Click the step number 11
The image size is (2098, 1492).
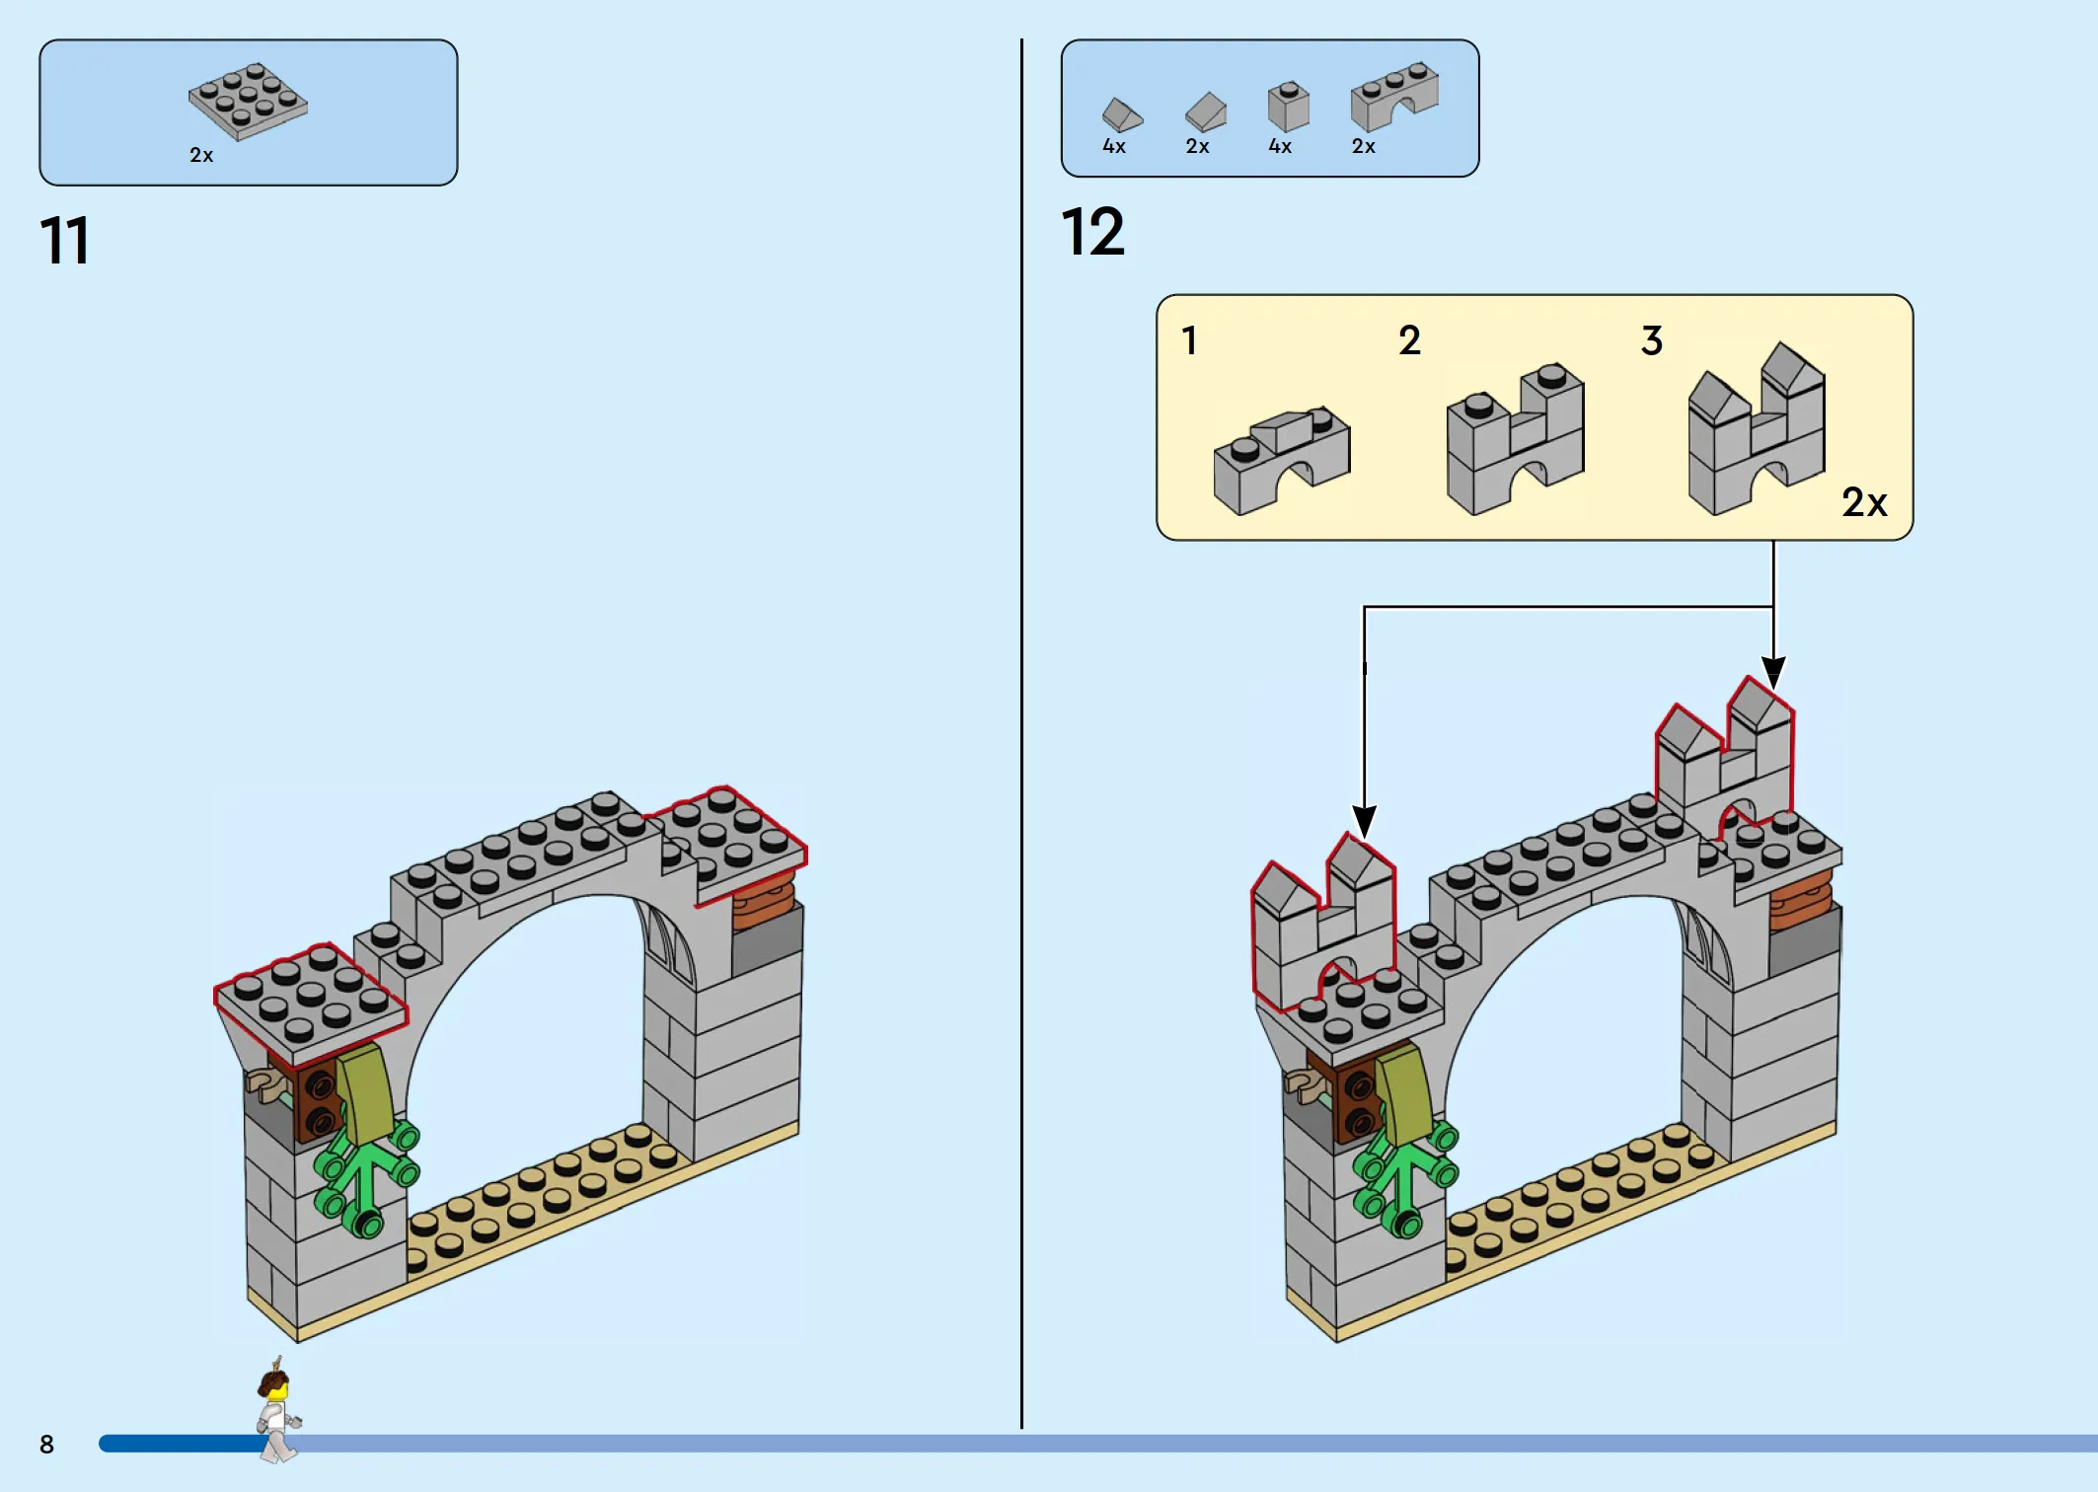coord(65,241)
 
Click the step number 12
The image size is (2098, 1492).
coord(1092,232)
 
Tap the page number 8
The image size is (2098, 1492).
coord(46,1445)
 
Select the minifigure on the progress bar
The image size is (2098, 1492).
coord(277,1410)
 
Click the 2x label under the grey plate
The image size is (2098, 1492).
coord(201,155)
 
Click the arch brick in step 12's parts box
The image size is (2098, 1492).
coord(1394,97)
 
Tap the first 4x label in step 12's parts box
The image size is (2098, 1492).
coord(1114,146)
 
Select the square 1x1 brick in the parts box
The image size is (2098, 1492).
coord(1288,107)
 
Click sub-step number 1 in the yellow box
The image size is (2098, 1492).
coord(1190,340)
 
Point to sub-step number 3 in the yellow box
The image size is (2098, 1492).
coord(1652,340)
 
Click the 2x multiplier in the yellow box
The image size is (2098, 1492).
coord(1864,502)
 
